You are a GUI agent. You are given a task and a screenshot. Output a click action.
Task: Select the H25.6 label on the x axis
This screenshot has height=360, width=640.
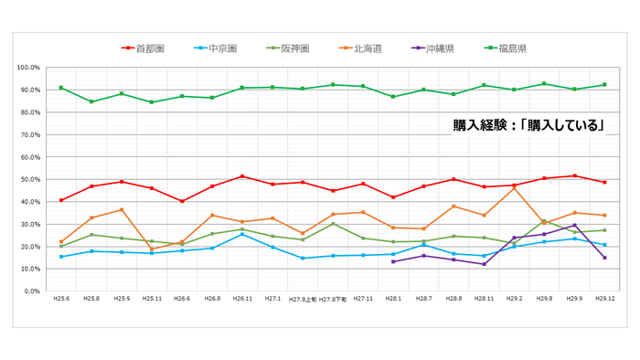coord(60,299)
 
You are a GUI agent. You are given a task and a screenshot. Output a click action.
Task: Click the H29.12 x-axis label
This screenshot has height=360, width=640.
coord(604,299)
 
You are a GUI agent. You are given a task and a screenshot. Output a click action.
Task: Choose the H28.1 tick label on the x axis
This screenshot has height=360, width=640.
coord(393,299)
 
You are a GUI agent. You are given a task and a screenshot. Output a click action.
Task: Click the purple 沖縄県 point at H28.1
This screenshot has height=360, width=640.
coord(393,261)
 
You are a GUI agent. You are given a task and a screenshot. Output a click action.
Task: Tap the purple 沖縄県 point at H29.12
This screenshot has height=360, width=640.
coord(604,258)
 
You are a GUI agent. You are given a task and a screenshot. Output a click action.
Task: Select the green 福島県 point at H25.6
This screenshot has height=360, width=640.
coord(60,88)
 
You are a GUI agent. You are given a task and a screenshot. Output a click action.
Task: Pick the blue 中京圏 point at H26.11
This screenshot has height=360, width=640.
coord(241,235)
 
